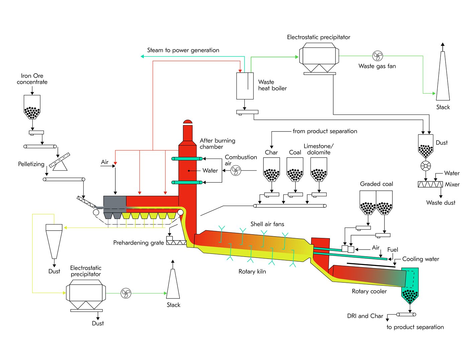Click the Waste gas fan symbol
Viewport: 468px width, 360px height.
pyautogui.click(x=377, y=56)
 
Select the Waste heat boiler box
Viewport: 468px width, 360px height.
pyautogui.click(x=245, y=86)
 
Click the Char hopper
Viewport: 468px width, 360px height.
pyautogui.click(x=271, y=169)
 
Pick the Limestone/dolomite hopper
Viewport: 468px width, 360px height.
pyautogui.click(x=319, y=169)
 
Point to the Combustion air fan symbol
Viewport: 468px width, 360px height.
pyautogui.click(x=236, y=171)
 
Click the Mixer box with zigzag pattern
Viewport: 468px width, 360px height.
pyautogui.click(x=430, y=184)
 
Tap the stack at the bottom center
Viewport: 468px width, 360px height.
pyautogui.click(x=173, y=284)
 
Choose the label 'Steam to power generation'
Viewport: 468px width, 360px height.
pyautogui.click(x=183, y=50)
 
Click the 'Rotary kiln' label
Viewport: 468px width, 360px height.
pyautogui.click(x=252, y=271)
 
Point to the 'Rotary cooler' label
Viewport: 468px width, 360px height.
pyautogui.click(x=369, y=291)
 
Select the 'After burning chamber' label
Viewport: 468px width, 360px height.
pyautogui.click(x=217, y=144)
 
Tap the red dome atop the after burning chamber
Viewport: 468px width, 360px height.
pyautogui.click(x=188, y=122)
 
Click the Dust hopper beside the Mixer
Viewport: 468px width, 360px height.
pyautogui.click(x=426, y=146)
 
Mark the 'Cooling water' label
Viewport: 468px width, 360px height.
pyautogui.click(x=421, y=259)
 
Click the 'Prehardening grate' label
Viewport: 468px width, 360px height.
pyautogui.click(x=138, y=243)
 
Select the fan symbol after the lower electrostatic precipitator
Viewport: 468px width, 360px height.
pyautogui.click(x=126, y=293)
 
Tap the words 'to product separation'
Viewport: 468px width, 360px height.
pyautogui.click(x=415, y=327)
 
